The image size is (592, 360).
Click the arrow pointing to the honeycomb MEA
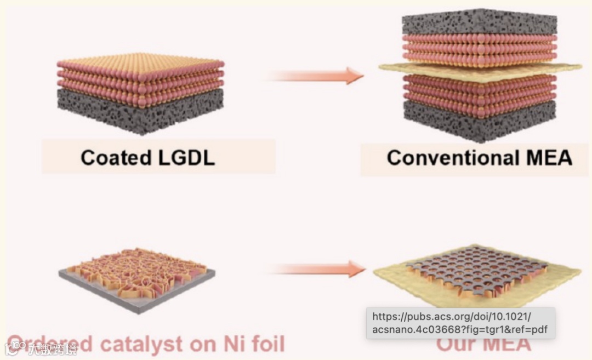pos(318,269)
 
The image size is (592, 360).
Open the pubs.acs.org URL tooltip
pos(460,323)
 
